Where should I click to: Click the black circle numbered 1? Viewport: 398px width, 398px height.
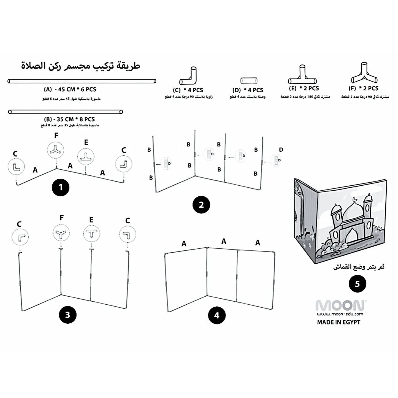[x=61, y=188]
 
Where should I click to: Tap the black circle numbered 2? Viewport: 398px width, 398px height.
[x=201, y=205]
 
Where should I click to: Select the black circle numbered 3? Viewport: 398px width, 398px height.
[x=67, y=315]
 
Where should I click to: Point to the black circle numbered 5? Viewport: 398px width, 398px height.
[x=357, y=284]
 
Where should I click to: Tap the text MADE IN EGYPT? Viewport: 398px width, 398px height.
[x=339, y=322]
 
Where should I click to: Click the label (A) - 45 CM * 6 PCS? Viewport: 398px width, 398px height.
[x=70, y=90]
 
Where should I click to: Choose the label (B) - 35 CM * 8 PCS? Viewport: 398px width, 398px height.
[x=69, y=119]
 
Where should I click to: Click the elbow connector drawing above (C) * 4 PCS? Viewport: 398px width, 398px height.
[x=188, y=76]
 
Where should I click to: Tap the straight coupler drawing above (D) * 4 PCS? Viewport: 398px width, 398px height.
[x=248, y=81]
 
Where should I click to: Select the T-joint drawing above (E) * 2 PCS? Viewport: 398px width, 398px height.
[x=302, y=75]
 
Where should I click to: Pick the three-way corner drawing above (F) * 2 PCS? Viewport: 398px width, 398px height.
[x=364, y=74]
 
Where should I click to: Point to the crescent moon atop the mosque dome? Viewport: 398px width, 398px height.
[x=354, y=199]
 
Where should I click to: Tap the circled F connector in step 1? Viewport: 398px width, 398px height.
[x=56, y=150]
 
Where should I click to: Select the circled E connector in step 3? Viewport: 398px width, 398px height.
[x=91, y=234]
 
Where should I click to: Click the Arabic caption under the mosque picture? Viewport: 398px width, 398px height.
[x=359, y=267]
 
